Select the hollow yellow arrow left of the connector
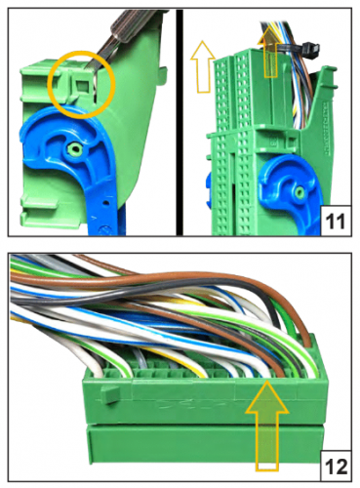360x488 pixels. [x=204, y=66]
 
